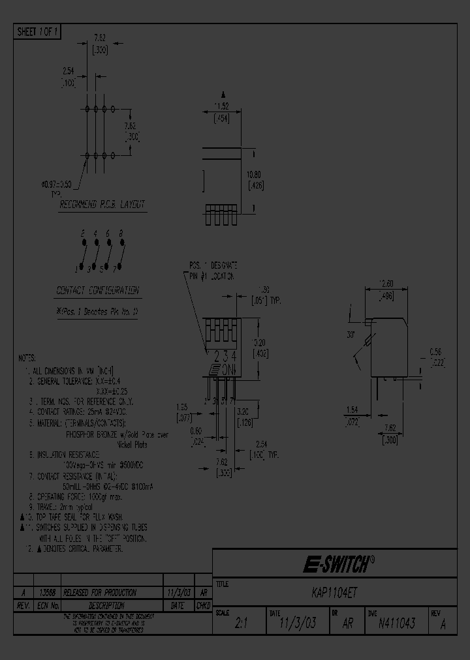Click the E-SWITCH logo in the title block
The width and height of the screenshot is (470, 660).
tap(338, 563)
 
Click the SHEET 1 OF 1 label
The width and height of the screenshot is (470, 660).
tap(37, 31)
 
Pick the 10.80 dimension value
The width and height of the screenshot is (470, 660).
tap(256, 175)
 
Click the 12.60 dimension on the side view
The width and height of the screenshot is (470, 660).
tap(386, 284)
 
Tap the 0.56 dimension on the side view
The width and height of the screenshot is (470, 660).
tap(436, 351)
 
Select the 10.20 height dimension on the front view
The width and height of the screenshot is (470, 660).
tap(259, 341)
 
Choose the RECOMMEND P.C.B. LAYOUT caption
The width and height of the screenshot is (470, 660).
tap(102, 204)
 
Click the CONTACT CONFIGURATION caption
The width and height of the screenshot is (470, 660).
tap(97, 290)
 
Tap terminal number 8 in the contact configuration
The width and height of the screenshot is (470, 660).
tap(121, 233)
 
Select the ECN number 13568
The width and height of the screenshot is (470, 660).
tap(46, 593)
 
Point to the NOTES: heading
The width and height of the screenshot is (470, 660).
tap(27, 358)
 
